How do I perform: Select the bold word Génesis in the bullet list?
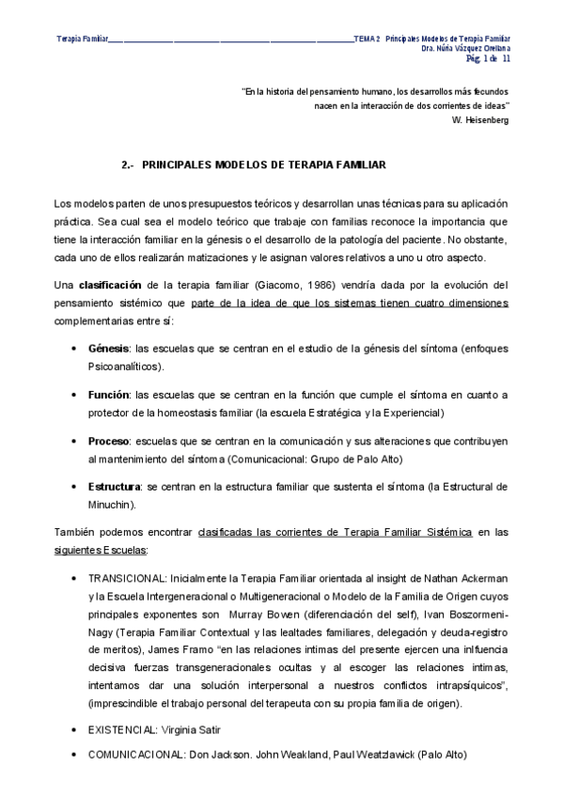(x=108, y=349)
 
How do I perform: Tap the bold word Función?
(x=108, y=395)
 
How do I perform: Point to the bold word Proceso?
(x=108, y=441)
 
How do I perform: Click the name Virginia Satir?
(x=195, y=729)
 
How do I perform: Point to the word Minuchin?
(x=113, y=505)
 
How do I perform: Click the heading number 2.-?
(x=130, y=164)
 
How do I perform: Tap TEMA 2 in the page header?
(x=367, y=38)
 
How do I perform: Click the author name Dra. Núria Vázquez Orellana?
(x=465, y=48)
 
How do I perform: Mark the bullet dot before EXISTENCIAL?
(x=74, y=729)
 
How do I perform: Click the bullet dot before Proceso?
(x=74, y=441)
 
